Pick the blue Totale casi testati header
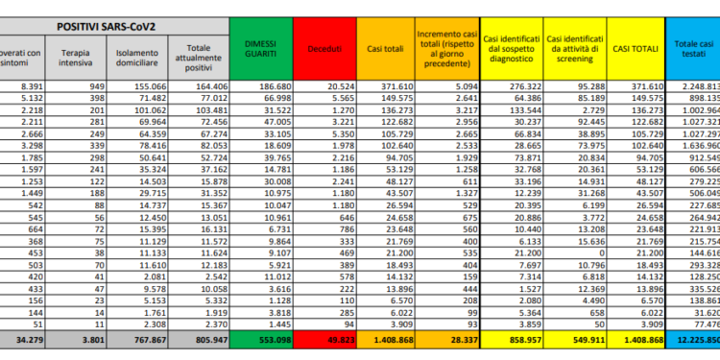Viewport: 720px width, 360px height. tap(693, 47)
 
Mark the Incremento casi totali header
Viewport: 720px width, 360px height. tap(444, 47)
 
